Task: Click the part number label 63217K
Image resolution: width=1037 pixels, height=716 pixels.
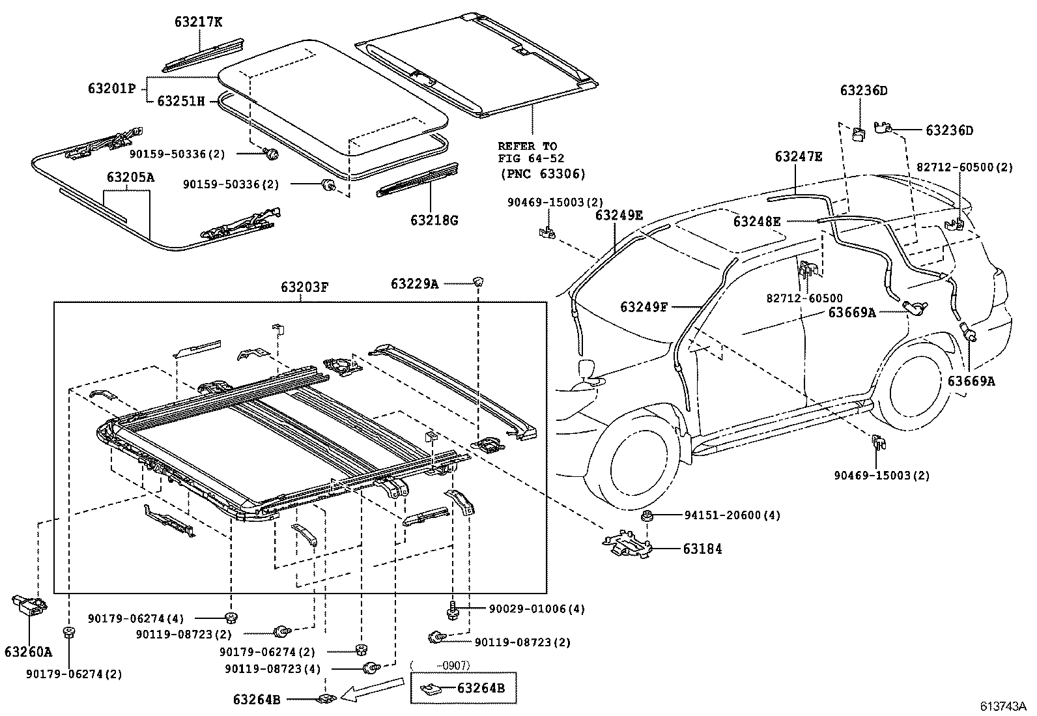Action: [198, 22]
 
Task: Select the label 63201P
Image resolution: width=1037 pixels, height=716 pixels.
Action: [112, 87]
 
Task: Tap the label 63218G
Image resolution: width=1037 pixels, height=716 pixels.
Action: [434, 220]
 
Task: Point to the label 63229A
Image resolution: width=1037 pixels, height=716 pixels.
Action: [415, 283]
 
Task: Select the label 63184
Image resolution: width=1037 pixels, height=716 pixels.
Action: [702, 549]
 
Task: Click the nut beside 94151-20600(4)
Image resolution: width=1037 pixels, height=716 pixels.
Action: [647, 516]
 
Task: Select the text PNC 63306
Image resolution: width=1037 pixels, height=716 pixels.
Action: [543, 174]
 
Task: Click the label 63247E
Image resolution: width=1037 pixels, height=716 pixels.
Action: [799, 156]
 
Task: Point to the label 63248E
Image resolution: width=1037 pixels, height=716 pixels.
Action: [757, 222]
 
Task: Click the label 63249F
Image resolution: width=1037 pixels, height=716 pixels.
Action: [644, 306]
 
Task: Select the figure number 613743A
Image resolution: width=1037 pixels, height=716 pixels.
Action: [1004, 706]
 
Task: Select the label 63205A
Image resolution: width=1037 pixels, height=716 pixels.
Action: [131, 177]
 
